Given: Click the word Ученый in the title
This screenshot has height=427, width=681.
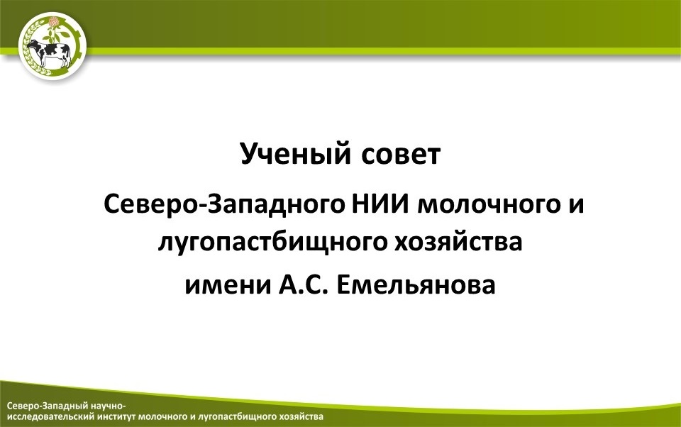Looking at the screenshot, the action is (x=295, y=154).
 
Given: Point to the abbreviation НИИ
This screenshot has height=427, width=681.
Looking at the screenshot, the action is (x=380, y=204).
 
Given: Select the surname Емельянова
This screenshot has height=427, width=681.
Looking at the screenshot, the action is (x=416, y=285).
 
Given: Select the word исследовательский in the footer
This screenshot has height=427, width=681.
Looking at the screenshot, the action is (x=51, y=417).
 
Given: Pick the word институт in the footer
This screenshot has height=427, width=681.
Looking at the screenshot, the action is (x=117, y=417).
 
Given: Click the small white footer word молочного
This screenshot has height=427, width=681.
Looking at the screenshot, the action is (x=164, y=417).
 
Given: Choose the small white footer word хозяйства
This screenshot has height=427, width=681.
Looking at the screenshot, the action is (x=301, y=417).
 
